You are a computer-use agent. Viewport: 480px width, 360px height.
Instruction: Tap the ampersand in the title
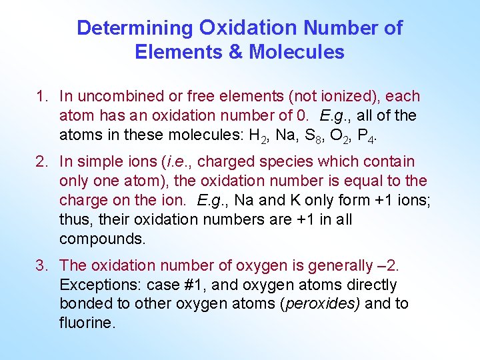pyautogui.click(x=237, y=51)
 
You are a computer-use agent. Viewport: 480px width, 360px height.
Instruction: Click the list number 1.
pyautogui.click(x=41, y=97)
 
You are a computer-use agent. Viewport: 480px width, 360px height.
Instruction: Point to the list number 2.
pyautogui.click(x=41, y=162)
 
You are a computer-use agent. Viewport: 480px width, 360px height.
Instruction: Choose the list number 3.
pyautogui.click(x=41, y=266)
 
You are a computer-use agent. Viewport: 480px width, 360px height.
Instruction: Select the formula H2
pyautogui.click(x=257, y=135)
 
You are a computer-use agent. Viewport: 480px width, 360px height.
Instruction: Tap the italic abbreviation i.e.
pyautogui.click(x=178, y=162)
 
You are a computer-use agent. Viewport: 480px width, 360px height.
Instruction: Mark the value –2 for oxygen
pyautogui.click(x=387, y=266)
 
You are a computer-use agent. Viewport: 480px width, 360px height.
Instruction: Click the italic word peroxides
pyautogui.click(x=322, y=304)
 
